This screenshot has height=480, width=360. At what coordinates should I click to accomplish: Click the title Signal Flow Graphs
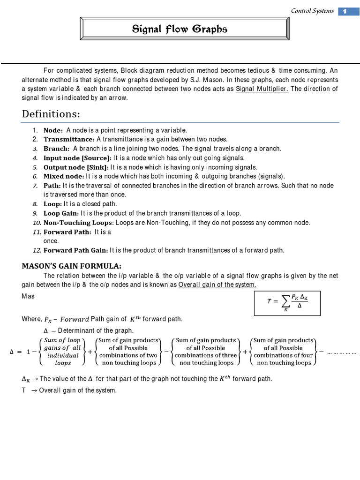tap(180, 30)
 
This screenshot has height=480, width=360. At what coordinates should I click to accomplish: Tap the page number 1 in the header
tap(345, 11)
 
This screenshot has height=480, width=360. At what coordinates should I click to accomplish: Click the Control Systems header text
tap(312, 11)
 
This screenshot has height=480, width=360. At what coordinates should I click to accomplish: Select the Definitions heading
tap(51, 114)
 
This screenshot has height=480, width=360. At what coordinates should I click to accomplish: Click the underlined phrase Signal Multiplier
tap(262, 89)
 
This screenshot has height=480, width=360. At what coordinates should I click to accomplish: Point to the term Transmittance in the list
tap(69, 139)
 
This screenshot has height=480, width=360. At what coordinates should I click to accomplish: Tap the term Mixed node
tap(64, 176)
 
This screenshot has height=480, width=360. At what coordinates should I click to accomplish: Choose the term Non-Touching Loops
tap(78, 223)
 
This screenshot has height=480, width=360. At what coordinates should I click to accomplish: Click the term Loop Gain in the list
tap(61, 213)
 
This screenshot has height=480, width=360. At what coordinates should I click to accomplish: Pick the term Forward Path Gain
tap(75, 250)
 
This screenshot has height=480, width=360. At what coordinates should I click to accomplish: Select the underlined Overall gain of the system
tap(217, 285)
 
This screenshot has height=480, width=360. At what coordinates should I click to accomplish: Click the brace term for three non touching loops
tap(206, 352)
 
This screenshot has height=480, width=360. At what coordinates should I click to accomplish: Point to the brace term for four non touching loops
tap(284, 352)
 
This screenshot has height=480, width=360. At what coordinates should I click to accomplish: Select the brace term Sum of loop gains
tap(62, 352)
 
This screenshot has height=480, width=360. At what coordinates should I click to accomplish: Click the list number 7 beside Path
tap(35, 186)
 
